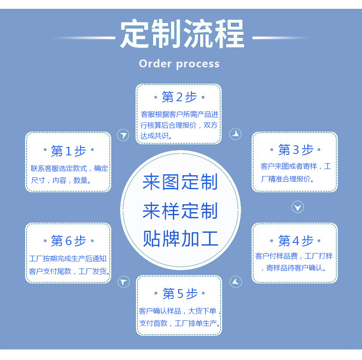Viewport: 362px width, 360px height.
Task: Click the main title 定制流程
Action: pos(182,34)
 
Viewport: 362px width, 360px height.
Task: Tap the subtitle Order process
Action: pos(179,64)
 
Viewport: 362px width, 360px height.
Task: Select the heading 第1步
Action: pos(68,151)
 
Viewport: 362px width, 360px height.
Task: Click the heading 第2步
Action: pos(179,97)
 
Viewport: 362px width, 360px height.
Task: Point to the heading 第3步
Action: pos(296,150)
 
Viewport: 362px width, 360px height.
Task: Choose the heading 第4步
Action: pos(296,241)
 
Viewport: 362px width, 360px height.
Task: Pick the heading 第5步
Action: pos(179,293)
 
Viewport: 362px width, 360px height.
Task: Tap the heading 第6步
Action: pos(68,241)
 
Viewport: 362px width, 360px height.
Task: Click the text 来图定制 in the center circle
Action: pos(180,183)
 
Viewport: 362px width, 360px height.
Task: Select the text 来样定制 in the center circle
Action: pos(180,211)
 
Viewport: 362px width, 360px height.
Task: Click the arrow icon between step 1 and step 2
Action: pos(124,135)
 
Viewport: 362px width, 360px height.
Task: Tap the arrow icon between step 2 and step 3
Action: pos(236,134)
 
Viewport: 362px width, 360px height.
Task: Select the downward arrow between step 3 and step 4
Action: pos(298,207)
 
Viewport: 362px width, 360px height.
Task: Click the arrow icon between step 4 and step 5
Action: pos(236,282)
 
